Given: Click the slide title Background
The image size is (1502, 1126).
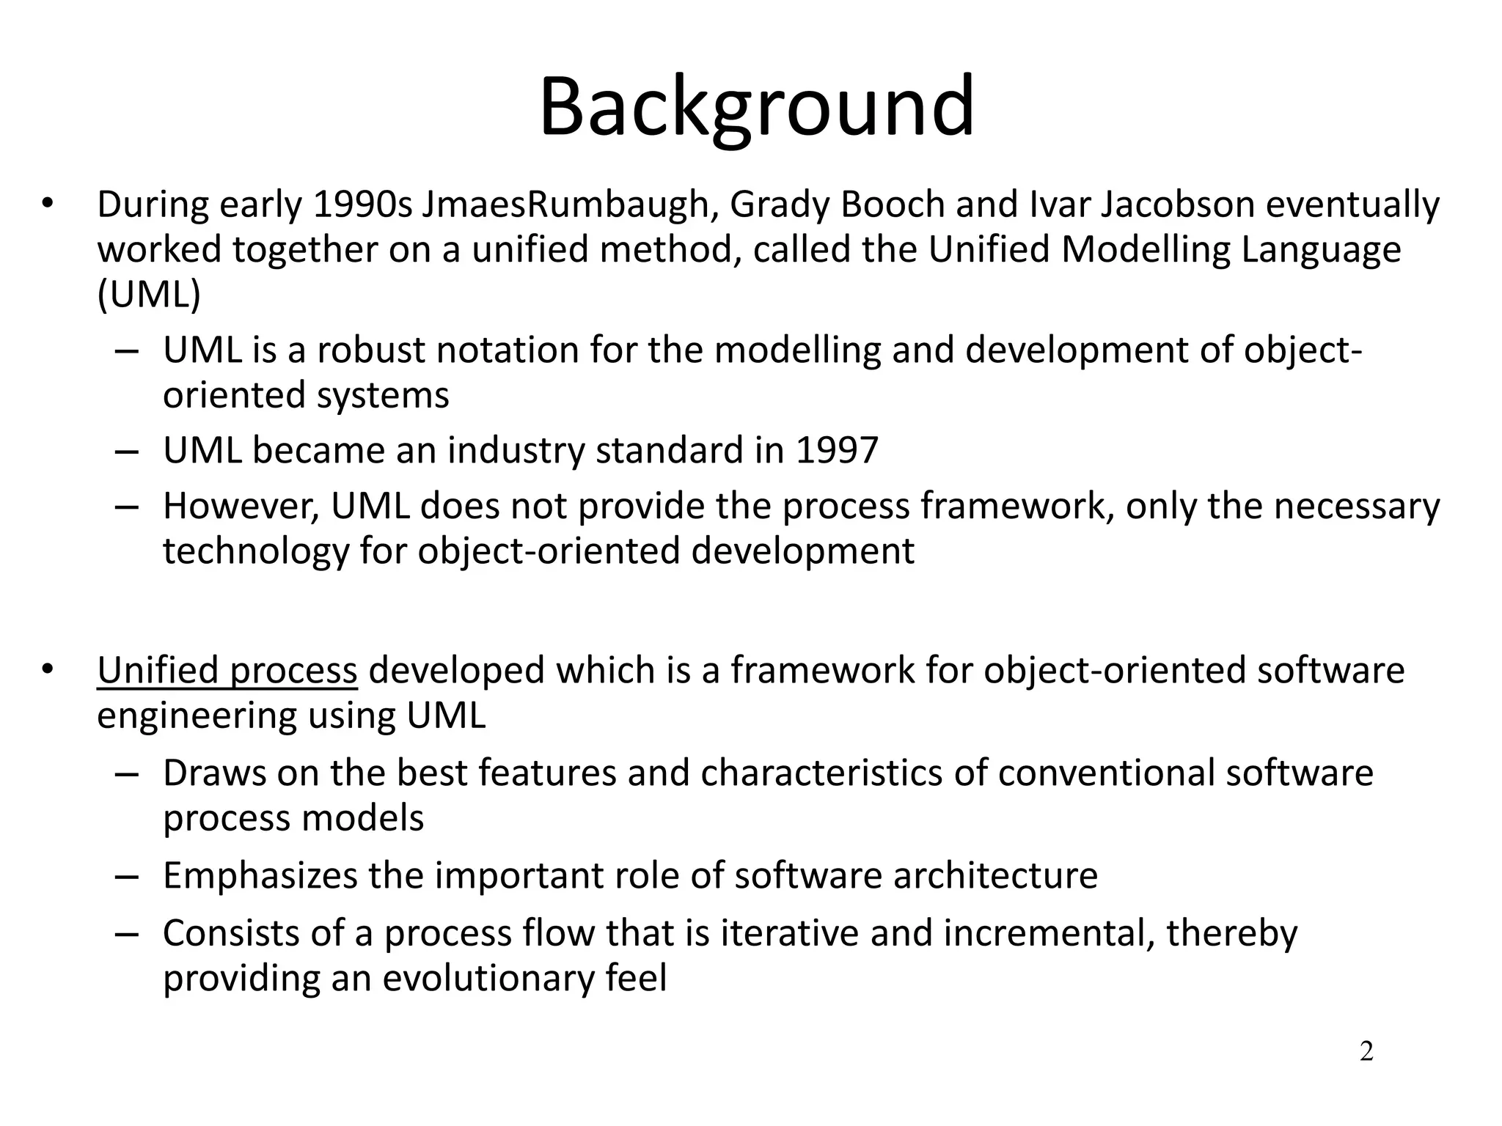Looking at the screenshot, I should pyautogui.click(x=756, y=108).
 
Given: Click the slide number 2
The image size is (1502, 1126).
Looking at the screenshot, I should pyautogui.click(x=1366, y=1052).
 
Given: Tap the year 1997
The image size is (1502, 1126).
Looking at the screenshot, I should pyautogui.click(x=837, y=450).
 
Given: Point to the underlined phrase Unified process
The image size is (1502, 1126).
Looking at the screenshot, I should pyautogui.click(x=227, y=671).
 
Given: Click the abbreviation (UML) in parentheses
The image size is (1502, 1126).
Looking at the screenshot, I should pyautogui.click(x=149, y=295).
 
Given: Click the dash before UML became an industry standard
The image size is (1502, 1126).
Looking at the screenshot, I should pyautogui.click(x=127, y=451).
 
